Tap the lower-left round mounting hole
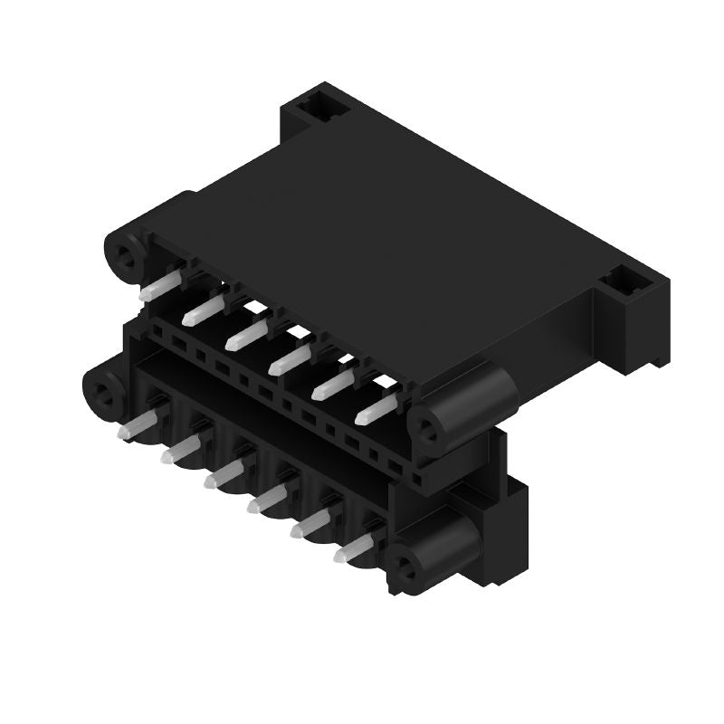104,395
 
